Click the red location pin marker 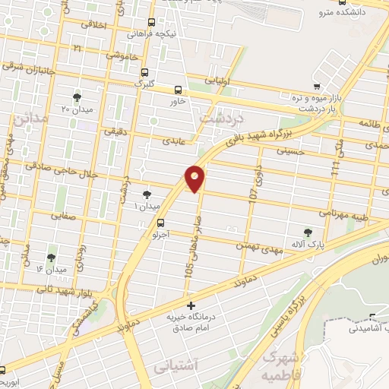point(195,178)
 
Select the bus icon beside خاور point(178,89)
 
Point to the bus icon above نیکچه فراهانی point(152,23)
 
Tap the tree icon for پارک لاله point(308,232)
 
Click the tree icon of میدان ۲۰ point(77,96)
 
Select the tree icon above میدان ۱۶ point(52,258)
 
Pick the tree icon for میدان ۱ point(147,194)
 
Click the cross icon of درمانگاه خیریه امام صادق point(190,305)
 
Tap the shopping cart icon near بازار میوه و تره point(318,87)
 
